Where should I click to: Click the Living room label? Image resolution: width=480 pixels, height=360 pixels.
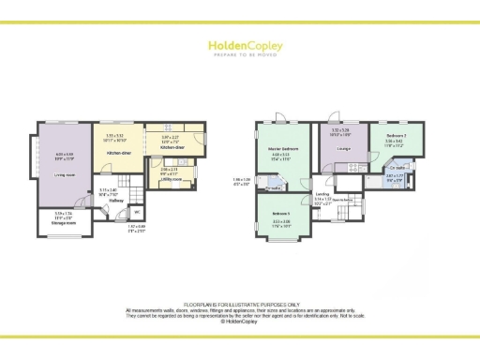coord(63,173)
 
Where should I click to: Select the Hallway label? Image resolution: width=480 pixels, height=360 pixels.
coord(117,200)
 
